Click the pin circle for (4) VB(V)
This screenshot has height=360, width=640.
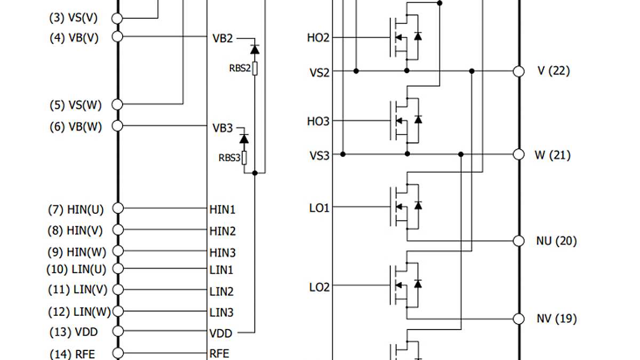[x=117, y=37]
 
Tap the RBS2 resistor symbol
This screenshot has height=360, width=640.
[x=255, y=68]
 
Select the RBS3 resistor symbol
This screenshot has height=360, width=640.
[x=244, y=158]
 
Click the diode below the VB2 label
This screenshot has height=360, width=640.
[x=255, y=50]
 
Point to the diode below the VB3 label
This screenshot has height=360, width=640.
[x=244, y=139]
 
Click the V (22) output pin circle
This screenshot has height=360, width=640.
[x=518, y=71]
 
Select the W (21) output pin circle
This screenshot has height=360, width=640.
[x=518, y=155]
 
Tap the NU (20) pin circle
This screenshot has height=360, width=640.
[x=518, y=241]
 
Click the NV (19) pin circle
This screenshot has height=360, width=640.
[x=518, y=319]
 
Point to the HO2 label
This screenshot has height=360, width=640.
[x=318, y=38]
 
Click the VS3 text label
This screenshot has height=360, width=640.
[x=319, y=155]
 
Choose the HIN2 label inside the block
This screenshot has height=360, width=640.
[x=222, y=231]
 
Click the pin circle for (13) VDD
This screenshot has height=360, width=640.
[x=117, y=332]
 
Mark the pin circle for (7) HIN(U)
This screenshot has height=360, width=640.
[x=117, y=209]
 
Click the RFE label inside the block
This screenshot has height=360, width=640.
[x=219, y=354]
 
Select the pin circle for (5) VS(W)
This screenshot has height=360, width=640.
[x=117, y=104]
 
